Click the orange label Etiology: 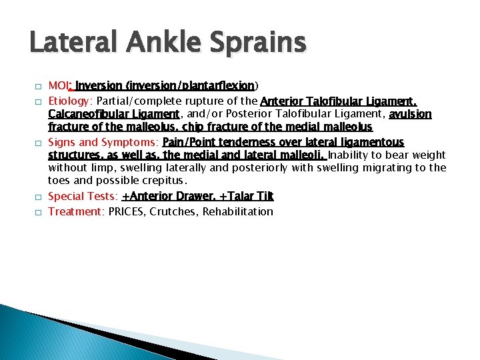(x=71, y=101)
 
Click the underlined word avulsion (x=410, y=115)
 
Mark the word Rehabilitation (x=240, y=211)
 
